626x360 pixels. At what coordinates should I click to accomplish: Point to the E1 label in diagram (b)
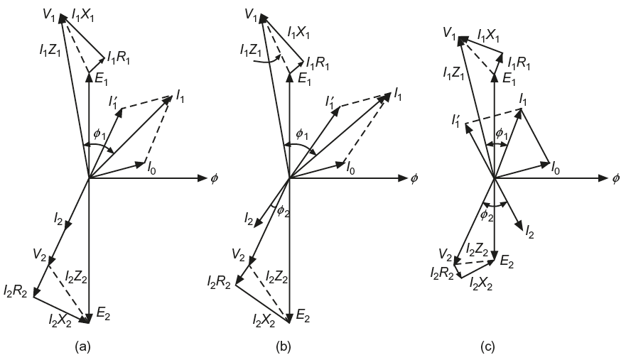[303, 80]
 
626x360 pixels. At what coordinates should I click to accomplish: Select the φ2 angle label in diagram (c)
[487, 214]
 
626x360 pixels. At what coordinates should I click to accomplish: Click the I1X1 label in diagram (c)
[490, 34]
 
